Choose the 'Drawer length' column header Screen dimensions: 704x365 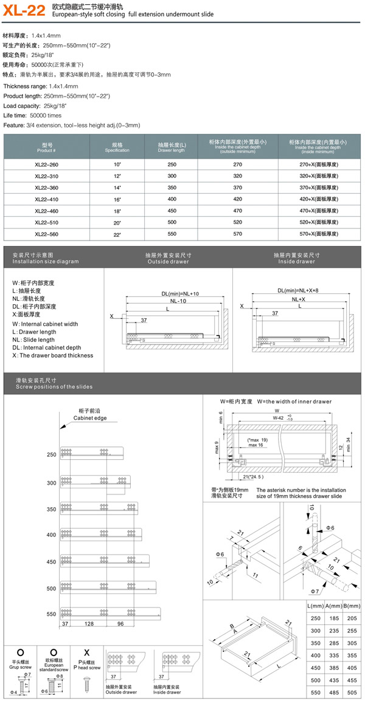click(x=171, y=149)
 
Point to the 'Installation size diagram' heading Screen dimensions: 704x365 click(x=46, y=261)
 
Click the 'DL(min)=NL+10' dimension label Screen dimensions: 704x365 click(x=180, y=293)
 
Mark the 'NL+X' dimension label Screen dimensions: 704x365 click(x=298, y=299)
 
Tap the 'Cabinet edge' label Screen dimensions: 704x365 click(x=90, y=419)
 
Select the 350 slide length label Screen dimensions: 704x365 click(x=51, y=508)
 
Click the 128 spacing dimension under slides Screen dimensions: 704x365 click(x=89, y=624)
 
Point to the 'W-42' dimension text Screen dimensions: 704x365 click(x=278, y=417)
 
